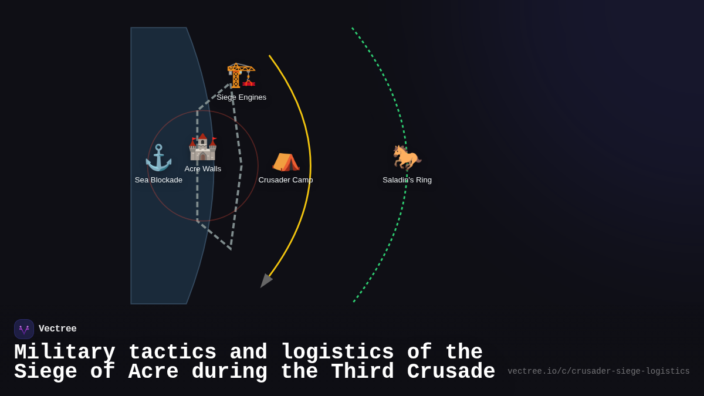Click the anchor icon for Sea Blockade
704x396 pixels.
click(x=158, y=158)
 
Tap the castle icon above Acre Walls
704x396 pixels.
click(x=203, y=147)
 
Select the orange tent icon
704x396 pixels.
click(x=286, y=162)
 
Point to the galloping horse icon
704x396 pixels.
click(x=407, y=158)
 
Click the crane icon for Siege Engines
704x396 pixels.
click(x=241, y=75)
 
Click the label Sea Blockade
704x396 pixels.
click(x=158, y=180)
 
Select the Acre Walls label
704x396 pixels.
click(x=203, y=169)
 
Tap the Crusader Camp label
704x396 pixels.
click(x=286, y=180)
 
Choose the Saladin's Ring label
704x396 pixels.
click(x=407, y=180)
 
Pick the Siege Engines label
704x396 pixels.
click(x=241, y=97)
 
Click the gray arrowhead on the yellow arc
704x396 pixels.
click(x=266, y=280)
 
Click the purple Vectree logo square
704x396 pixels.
click(x=24, y=329)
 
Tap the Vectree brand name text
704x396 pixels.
click(x=57, y=329)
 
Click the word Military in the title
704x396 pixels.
click(x=65, y=352)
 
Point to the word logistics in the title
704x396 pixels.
click(x=337, y=352)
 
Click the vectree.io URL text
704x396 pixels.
click(x=598, y=371)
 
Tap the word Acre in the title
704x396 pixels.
click(x=153, y=371)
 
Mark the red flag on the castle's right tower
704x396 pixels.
click(x=214, y=139)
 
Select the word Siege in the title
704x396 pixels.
click(x=46, y=371)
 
